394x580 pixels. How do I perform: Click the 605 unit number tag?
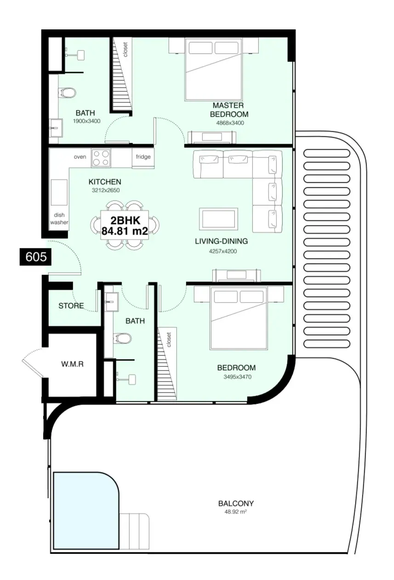click(36, 257)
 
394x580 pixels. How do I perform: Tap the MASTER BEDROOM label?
click(229, 110)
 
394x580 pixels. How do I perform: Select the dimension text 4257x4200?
click(223, 251)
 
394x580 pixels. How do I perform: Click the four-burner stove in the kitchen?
click(101, 158)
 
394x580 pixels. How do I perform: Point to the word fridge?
click(143, 157)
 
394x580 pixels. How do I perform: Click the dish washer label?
click(59, 219)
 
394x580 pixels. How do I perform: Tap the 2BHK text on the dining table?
click(126, 220)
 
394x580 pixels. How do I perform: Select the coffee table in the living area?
click(218, 219)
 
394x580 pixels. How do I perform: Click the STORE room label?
click(71, 306)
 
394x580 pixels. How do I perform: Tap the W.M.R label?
click(72, 364)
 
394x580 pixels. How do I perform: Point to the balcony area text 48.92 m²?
click(235, 512)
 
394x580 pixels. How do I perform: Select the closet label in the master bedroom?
click(126, 50)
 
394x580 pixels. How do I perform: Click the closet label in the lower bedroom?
click(169, 340)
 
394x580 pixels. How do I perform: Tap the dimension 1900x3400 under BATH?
click(86, 121)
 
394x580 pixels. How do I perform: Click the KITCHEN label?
click(105, 182)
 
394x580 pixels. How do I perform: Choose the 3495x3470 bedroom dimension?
click(237, 377)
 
